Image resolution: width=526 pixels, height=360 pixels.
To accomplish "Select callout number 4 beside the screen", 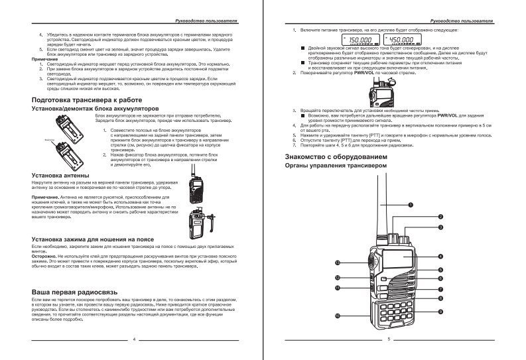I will tap(440, 256).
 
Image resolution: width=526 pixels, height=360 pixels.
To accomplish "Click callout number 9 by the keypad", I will tap(440, 311).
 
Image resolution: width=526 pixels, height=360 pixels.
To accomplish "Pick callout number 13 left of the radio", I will tap(337, 263).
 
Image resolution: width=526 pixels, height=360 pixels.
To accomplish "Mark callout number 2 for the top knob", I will tap(440, 217).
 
